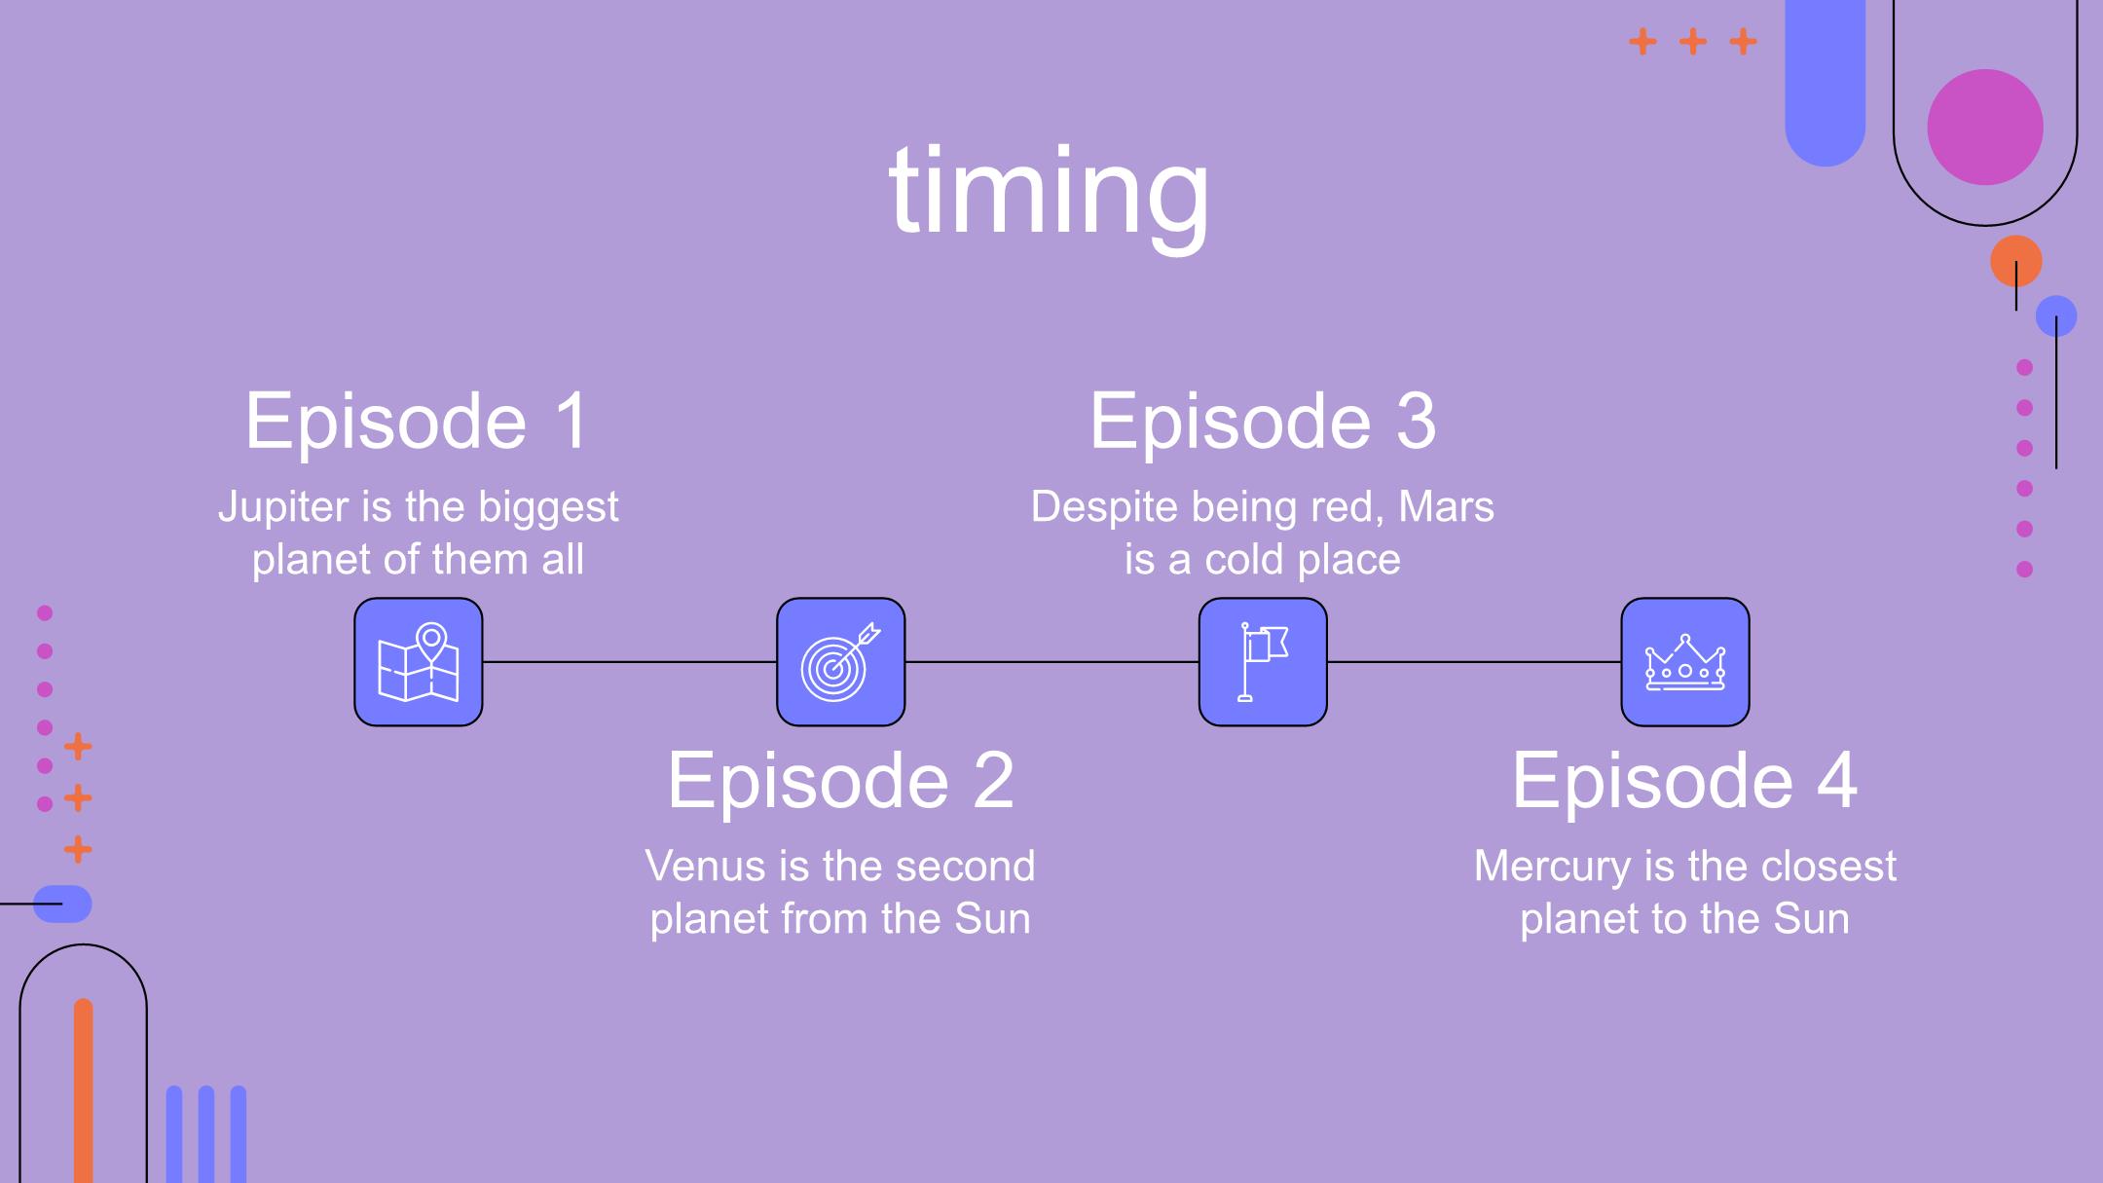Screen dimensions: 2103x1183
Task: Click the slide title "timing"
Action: tap(1049, 192)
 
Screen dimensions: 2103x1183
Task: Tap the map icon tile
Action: tap(419, 662)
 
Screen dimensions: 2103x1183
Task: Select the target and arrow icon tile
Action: tap(841, 662)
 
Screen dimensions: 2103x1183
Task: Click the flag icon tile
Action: tap(1263, 662)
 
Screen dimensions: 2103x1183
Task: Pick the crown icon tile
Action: tap(1685, 662)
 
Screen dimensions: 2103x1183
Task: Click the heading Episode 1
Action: tap(418, 422)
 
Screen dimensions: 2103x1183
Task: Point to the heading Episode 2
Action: tap(840, 781)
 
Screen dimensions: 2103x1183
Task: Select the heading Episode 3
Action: tap(1263, 422)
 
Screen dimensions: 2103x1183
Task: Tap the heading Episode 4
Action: tap(1684, 781)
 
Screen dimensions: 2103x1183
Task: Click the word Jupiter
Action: tap(283, 508)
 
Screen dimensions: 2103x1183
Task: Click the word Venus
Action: tap(694, 867)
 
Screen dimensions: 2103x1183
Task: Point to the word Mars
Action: tap(1446, 507)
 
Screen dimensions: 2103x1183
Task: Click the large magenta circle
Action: tap(1985, 127)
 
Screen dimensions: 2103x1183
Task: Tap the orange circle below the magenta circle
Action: tap(2015, 261)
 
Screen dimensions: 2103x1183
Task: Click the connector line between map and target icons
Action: tap(630, 662)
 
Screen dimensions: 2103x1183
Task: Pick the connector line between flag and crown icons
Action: tap(1474, 662)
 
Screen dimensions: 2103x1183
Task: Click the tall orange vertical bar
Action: tap(84, 1091)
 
